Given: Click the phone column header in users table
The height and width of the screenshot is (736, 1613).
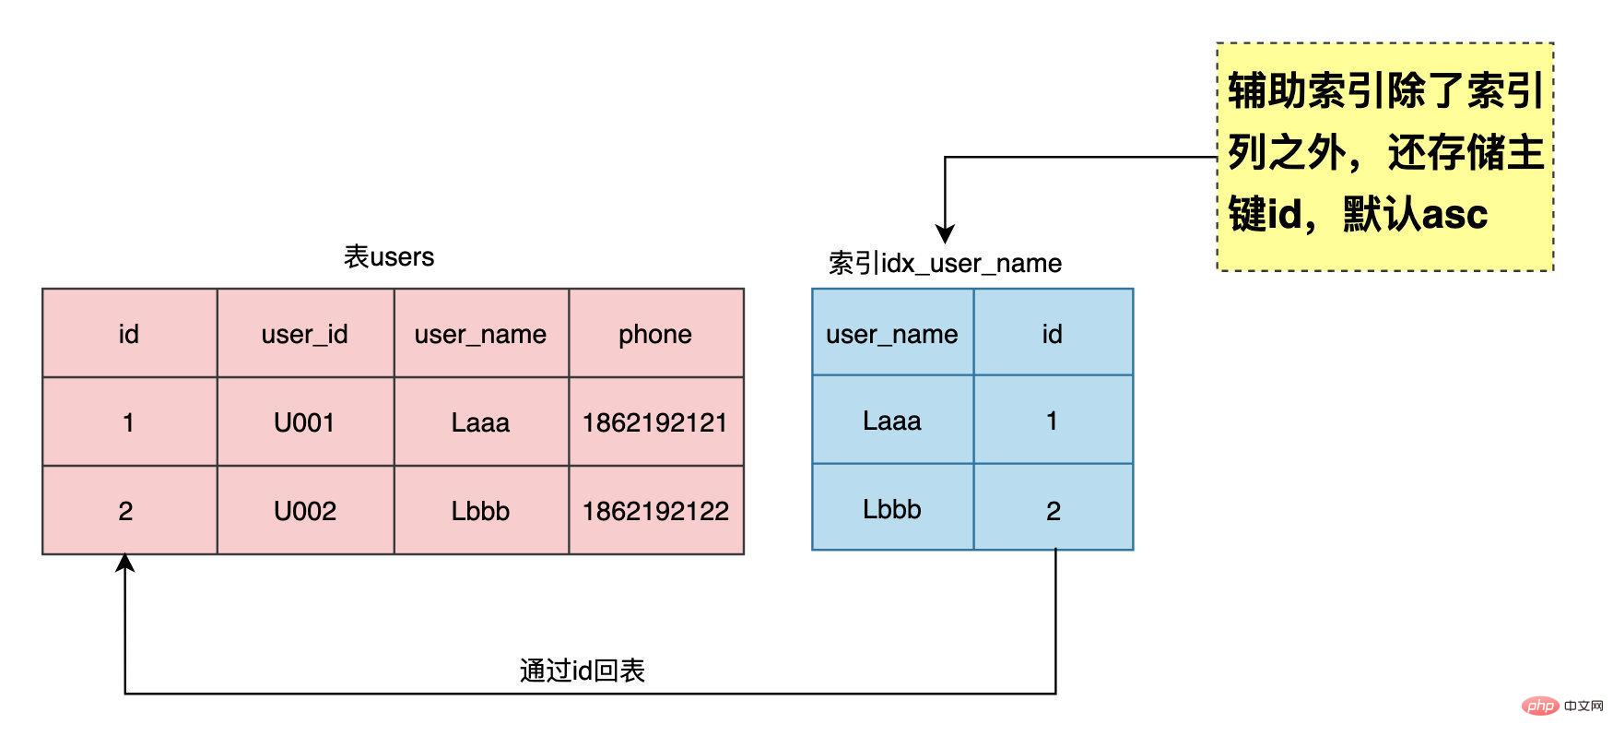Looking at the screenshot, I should pos(655,333).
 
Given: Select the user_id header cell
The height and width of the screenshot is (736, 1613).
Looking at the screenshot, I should pos(305,333).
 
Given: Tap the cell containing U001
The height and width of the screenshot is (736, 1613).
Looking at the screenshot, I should pos(305,422).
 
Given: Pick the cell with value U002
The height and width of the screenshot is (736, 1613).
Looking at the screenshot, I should pos(305,510).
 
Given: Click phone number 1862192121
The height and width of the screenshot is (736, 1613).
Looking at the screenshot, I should pos(655,422).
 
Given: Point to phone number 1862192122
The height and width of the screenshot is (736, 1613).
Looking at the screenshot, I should pos(655,510).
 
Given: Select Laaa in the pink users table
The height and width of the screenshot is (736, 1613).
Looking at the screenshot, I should pos(480,422).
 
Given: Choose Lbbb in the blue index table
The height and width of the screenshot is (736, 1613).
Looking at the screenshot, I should pos(891,508).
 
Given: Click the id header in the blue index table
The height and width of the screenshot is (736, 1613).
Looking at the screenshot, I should pos(1053,333).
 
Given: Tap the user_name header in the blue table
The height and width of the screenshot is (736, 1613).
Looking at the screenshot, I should pos(891,333).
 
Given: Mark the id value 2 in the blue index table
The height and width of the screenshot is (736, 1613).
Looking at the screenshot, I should pos(1053,510).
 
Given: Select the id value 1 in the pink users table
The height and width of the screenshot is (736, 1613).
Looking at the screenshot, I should pos(128,422).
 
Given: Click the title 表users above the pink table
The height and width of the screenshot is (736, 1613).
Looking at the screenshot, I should pos(389,256).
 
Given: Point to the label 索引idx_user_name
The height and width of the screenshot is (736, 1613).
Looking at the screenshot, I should pos(945,263).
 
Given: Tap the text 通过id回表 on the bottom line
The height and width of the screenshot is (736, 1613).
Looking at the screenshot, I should pos(582,671).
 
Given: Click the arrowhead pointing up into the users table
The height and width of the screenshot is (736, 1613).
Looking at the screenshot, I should pos(125,562).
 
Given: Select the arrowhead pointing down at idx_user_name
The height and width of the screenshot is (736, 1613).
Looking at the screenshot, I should pos(945,233).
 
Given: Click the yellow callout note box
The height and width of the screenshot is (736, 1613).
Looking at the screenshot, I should pos(1384,156).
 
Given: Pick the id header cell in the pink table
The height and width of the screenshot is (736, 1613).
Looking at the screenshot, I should pos(128,333).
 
